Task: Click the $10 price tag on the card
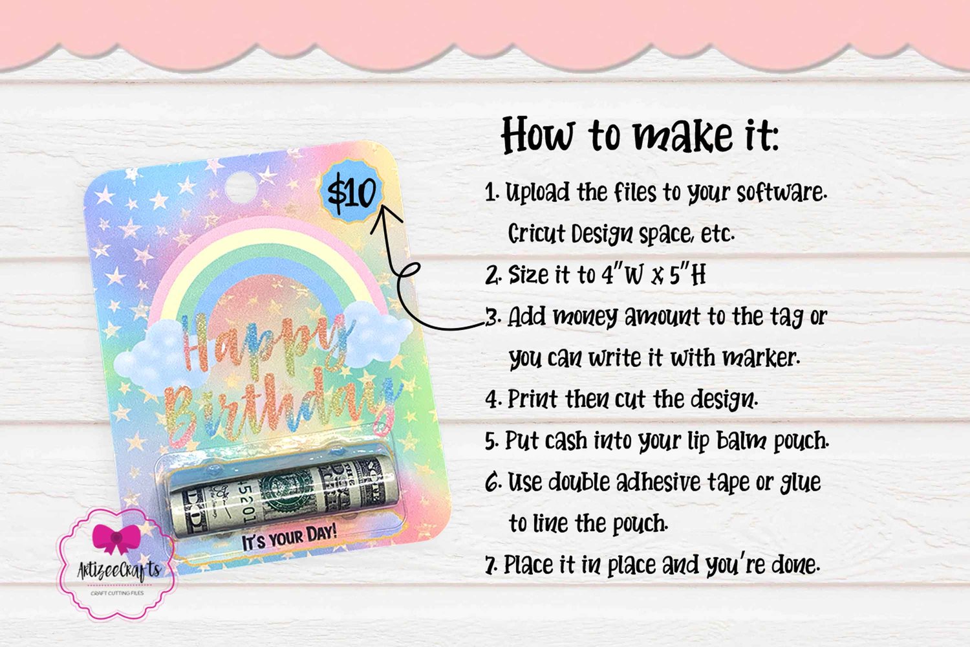coord(351,191)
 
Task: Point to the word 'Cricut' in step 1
coord(535,234)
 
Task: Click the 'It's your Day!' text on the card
coord(289,538)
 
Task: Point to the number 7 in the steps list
coord(491,565)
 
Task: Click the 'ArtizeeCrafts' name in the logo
coord(119,570)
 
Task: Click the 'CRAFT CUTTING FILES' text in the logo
coord(117,593)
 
